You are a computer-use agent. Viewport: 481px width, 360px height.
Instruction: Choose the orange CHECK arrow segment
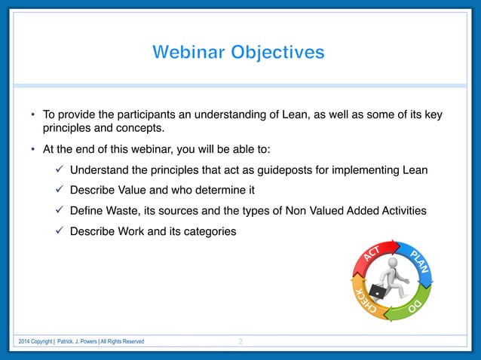(x=364, y=301)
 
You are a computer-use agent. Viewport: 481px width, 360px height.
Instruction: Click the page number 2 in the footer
(x=240, y=342)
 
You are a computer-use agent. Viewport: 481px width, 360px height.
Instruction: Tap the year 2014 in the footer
(x=26, y=342)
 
